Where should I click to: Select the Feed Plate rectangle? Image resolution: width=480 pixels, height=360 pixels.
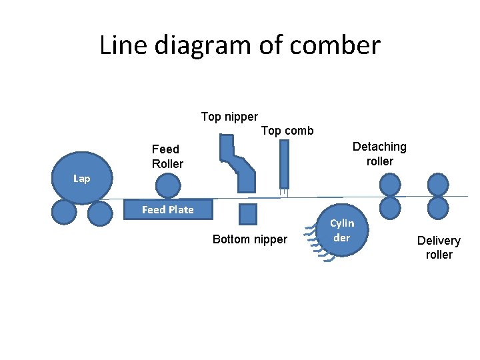(168, 209)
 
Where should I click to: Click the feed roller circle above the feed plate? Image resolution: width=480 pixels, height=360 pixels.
(167, 186)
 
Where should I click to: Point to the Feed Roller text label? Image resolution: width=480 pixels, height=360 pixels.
(167, 157)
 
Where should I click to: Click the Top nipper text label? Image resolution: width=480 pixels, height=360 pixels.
(229, 117)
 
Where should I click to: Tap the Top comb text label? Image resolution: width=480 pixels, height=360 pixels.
(287, 131)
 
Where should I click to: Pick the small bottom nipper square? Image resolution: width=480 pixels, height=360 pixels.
(247, 214)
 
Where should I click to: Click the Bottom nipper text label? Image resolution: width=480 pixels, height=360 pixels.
(249, 239)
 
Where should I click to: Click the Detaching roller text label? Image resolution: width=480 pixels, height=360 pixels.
(379, 154)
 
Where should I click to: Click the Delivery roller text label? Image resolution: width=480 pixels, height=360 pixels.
(439, 247)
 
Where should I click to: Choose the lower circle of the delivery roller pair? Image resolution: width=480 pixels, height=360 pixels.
(438, 207)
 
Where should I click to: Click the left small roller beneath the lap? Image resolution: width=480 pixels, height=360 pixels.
(65, 213)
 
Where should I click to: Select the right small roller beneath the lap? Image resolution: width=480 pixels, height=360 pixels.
(100, 213)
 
